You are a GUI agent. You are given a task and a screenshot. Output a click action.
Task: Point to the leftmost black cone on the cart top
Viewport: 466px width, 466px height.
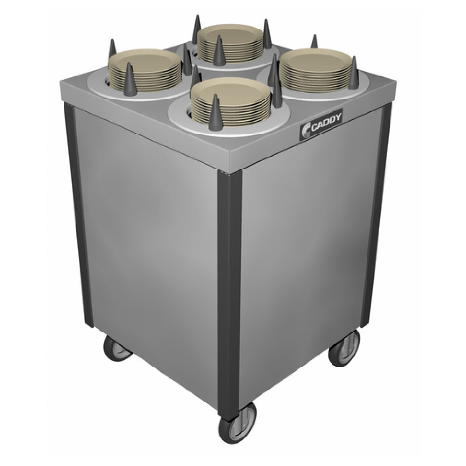point(112,49)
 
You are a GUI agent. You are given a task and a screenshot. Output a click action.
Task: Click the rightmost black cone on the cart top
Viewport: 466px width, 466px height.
point(354,68)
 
